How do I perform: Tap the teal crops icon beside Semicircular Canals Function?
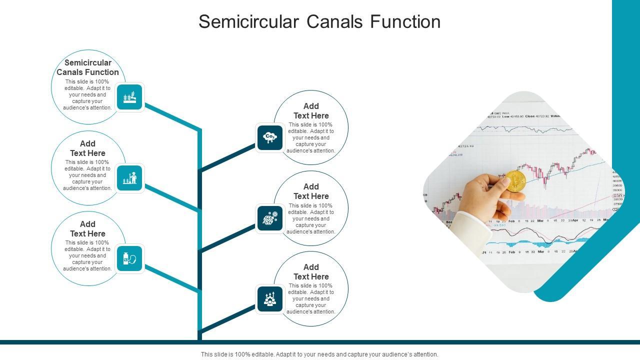click(x=129, y=97)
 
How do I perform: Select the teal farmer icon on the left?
click(x=129, y=178)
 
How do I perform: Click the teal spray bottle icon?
click(x=129, y=258)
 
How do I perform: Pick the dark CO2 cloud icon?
click(x=270, y=137)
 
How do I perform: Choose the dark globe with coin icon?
click(x=270, y=218)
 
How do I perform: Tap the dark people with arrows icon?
click(x=270, y=299)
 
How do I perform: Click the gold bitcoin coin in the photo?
click(x=515, y=181)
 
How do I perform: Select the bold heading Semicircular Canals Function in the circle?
click(x=87, y=67)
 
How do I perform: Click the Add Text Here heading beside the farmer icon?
click(x=87, y=148)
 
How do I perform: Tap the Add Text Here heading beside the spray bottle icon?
click(x=87, y=229)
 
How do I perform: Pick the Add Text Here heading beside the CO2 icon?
click(x=311, y=111)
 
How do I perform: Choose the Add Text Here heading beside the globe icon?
click(x=311, y=191)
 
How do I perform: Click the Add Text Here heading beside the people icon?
click(x=311, y=272)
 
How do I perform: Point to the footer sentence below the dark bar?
click(x=319, y=354)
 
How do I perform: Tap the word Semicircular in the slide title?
click(x=248, y=22)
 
